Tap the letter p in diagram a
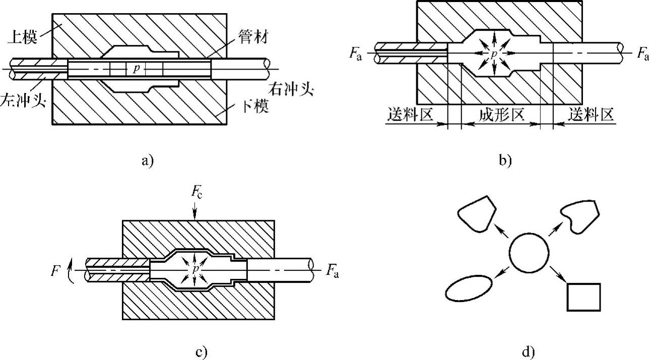(x=135, y=69)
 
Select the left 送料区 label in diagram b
(x=410, y=115)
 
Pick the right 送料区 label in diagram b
(x=592, y=115)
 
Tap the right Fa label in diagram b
(x=641, y=53)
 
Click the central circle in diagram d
(x=529, y=252)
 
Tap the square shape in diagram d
(x=583, y=296)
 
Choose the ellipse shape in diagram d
(x=469, y=288)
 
